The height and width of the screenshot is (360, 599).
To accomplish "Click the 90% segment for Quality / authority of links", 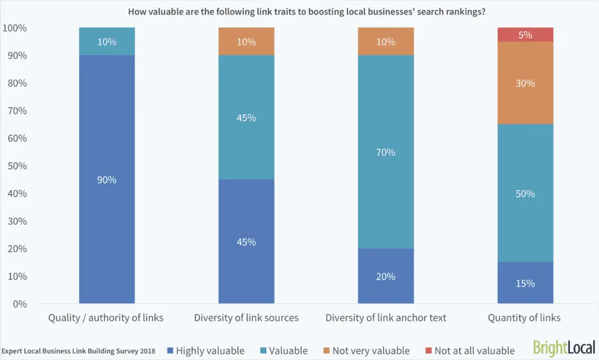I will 106,179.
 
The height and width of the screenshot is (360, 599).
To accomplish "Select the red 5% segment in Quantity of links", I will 525,35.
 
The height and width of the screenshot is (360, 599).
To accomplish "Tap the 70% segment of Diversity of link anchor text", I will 385,152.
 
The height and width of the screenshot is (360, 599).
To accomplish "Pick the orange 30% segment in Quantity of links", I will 525,83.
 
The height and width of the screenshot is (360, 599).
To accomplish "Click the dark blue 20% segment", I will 385,276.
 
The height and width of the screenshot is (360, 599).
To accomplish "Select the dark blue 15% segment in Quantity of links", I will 525,283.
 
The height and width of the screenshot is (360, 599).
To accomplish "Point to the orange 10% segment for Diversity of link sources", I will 246,42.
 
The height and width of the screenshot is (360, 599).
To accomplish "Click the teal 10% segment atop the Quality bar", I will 106,42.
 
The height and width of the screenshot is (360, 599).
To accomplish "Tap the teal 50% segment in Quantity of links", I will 525,193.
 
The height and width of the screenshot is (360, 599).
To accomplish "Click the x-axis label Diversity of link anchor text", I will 385,318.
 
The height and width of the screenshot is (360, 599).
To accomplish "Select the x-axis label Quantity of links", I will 525,318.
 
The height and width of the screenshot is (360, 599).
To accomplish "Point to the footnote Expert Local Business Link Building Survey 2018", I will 79,351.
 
